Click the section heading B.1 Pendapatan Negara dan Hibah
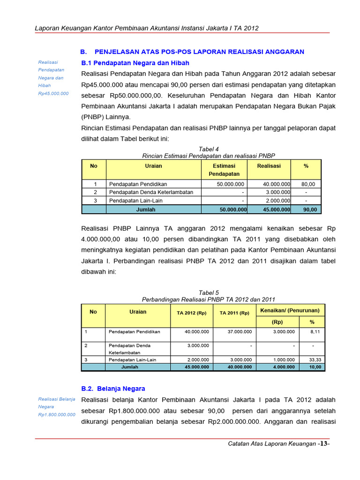tap(135, 63)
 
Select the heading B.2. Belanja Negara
tap(113, 389)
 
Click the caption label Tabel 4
tap(209, 149)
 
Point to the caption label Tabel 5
tap(209, 292)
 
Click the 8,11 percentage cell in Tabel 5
tap(315, 331)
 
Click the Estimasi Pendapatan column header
tap(224, 170)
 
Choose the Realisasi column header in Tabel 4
tap(269, 166)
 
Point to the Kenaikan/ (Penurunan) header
tap(290, 310)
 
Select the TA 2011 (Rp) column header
tap(234, 313)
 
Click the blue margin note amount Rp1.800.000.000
tap(57, 414)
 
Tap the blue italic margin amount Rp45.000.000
tap(53, 93)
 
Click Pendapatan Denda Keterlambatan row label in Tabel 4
tap(151, 192)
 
